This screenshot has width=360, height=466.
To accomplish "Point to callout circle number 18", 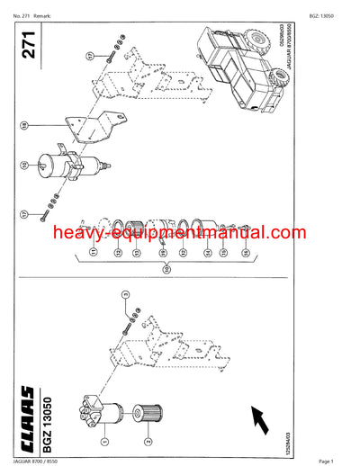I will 26,123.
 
